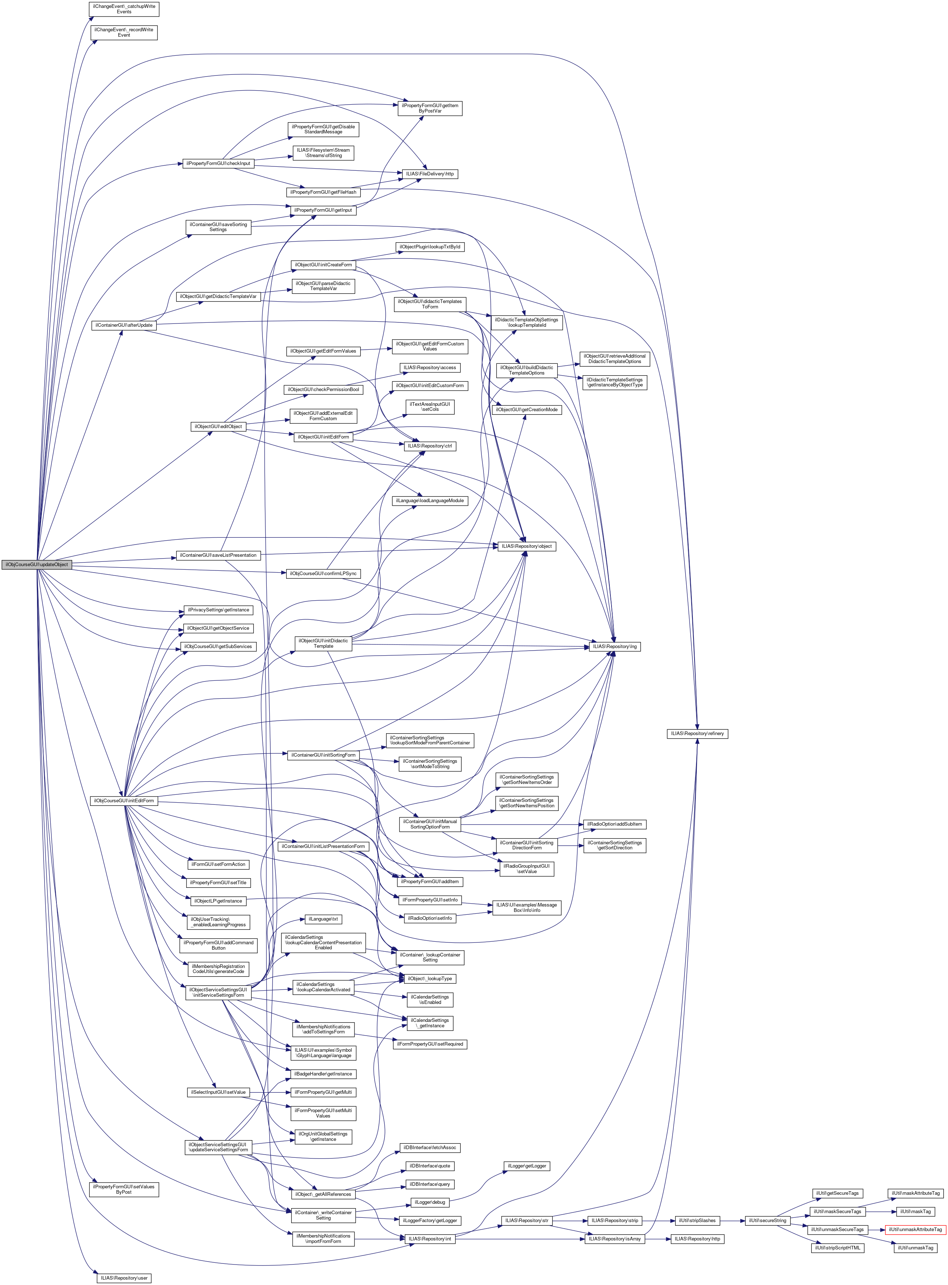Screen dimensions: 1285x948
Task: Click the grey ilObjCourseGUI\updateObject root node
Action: (36, 564)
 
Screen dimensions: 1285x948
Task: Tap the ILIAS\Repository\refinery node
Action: (697, 733)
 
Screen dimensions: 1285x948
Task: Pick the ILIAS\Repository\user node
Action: (124, 1277)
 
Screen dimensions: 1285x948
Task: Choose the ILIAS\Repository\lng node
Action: (615, 647)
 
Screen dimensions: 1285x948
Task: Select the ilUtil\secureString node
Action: (767, 1220)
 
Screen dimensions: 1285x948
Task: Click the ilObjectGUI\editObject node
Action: (218, 426)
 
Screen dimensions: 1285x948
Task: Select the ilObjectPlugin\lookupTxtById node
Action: (430, 247)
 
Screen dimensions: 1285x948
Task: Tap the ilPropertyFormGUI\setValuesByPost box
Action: (124, 1189)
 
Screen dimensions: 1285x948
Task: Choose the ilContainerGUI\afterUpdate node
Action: (123, 325)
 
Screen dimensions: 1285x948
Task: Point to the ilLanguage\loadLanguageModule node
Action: (430, 501)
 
